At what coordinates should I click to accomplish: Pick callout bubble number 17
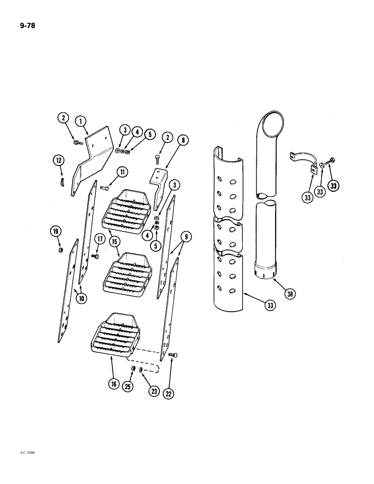click(x=99, y=239)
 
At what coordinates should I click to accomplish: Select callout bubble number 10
click(x=80, y=299)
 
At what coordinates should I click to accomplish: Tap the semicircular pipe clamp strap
click(x=302, y=161)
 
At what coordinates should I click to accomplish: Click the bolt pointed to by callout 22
click(x=173, y=356)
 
